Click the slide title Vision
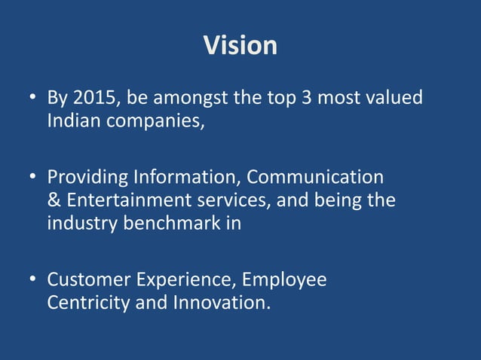coord(240,46)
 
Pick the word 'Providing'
coord(87,178)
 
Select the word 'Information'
coord(185,178)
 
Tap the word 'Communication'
coord(315,178)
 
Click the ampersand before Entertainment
coord(54,201)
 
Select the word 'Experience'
coord(187,281)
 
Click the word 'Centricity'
coord(84,304)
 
